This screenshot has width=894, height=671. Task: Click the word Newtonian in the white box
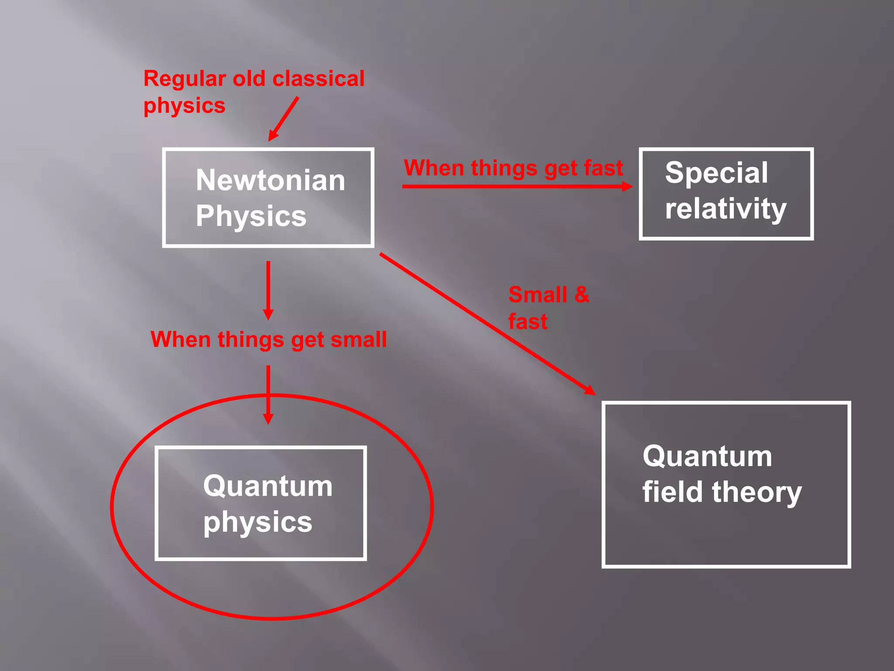click(270, 180)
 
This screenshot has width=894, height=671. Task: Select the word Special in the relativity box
click(716, 173)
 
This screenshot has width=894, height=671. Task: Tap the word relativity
click(726, 209)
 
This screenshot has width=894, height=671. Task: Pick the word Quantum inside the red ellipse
click(268, 486)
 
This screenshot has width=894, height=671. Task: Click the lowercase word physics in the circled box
click(258, 522)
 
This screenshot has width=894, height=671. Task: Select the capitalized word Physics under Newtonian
click(251, 216)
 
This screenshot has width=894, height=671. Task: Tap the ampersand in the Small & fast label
click(581, 294)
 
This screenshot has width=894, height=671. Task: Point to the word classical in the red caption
click(318, 79)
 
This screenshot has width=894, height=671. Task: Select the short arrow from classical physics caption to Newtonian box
click(284, 118)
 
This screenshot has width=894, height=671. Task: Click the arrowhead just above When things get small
click(268, 315)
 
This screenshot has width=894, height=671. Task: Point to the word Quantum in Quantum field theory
click(707, 457)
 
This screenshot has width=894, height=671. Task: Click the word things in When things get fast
click(504, 168)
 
